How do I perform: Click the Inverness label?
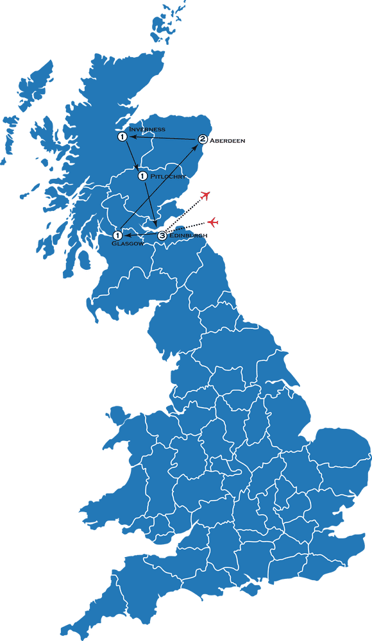coord(147,129)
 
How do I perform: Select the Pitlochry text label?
coord(168,176)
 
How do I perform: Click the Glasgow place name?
coord(127,244)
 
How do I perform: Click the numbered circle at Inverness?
coord(121,137)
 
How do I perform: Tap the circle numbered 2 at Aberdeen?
coord(203,139)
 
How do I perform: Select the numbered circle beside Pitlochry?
coord(142,176)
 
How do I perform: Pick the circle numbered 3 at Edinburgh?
coord(162,236)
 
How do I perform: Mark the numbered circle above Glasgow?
coord(118,236)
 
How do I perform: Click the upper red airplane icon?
coord(205,196)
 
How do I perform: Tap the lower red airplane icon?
coord(213,222)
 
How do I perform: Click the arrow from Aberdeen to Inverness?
coord(164,138)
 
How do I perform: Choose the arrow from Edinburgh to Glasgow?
coord(141,235)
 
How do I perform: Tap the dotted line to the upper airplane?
coord(185,215)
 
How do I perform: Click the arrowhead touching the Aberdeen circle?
coord(196,146)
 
